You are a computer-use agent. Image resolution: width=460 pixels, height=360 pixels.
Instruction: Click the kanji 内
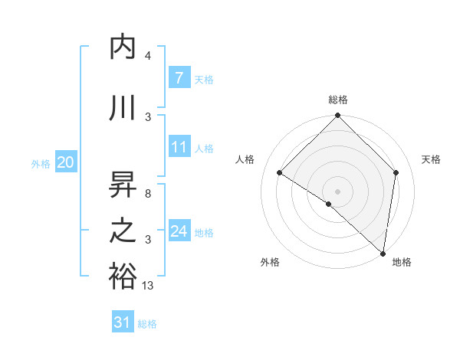(x=123, y=47)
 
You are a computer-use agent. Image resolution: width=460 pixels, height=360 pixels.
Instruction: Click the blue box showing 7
(x=179, y=77)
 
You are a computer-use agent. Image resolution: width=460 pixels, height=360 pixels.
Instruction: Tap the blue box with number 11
(x=179, y=147)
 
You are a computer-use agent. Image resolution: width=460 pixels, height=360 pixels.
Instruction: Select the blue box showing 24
(x=179, y=231)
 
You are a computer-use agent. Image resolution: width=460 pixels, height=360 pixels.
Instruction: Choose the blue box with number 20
(x=65, y=162)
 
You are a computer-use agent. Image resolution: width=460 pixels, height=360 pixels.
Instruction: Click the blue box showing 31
(x=123, y=322)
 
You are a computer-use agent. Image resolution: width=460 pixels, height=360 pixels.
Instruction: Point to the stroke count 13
(x=147, y=286)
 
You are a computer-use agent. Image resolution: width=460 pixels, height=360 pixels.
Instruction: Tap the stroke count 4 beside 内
(x=147, y=56)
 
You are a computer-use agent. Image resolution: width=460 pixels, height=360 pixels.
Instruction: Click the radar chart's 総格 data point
(x=337, y=116)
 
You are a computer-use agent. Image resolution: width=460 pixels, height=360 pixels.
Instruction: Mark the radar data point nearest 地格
(x=383, y=253)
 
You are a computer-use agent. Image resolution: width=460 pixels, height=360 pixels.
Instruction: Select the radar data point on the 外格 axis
(x=329, y=204)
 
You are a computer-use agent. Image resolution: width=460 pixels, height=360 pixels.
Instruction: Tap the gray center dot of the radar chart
(x=337, y=191)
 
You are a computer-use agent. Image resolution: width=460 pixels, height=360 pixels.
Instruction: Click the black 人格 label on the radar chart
(x=245, y=159)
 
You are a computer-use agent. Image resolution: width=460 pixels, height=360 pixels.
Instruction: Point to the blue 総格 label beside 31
(x=147, y=324)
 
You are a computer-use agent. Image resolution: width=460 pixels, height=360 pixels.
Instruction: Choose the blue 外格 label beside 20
(x=41, y=163)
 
